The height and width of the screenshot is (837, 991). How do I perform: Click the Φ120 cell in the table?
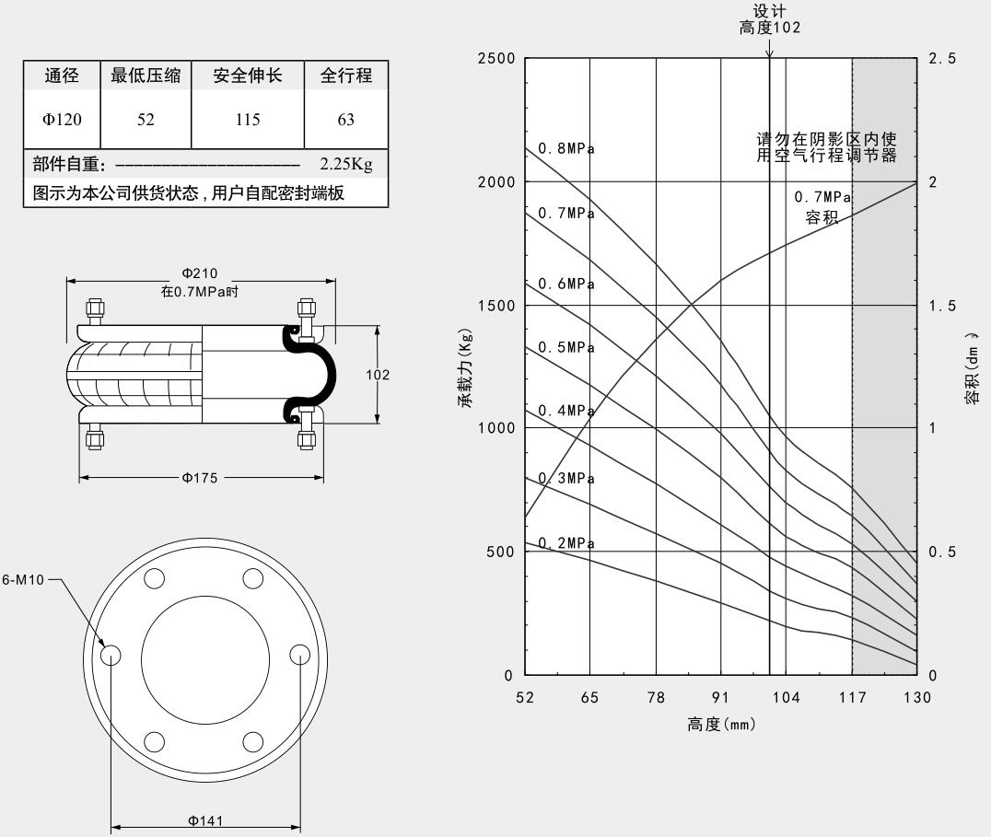(x=62, y=120)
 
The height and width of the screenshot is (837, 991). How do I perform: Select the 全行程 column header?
(x=346, y=76)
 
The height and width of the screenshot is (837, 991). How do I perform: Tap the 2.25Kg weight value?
(x=345, y=165)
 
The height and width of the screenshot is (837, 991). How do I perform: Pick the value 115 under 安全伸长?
(x=247, y=120)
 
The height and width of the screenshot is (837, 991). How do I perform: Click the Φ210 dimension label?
(x=200, y=273)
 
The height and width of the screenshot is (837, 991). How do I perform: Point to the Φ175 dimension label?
(x=200, y=478)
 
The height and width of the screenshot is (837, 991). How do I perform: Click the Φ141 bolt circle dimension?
(x=204, y=821)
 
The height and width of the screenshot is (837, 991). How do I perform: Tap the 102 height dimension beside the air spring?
(x=378, y=375)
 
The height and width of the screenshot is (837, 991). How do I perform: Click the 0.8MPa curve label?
(x=566, y=149)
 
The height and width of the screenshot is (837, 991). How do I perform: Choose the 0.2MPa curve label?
(x=566, y=543)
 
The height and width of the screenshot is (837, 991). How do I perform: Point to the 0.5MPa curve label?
(x=566, y=348)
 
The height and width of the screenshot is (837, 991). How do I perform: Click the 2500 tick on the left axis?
(x=495, y=59)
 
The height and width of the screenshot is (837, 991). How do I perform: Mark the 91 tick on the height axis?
(x=721, y=697)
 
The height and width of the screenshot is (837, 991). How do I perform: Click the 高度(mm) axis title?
(x=721, y=725)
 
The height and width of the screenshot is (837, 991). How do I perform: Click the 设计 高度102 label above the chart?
(x=770, y=19)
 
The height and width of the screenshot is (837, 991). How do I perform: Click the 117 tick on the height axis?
(x=852, y=697)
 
